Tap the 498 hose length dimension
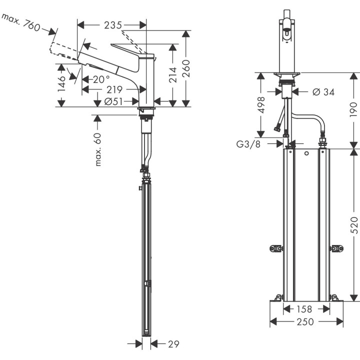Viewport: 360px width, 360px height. pos(260,105)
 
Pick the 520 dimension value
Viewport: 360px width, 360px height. pos(353,226)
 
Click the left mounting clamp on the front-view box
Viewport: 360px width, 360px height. pos(276,248)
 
